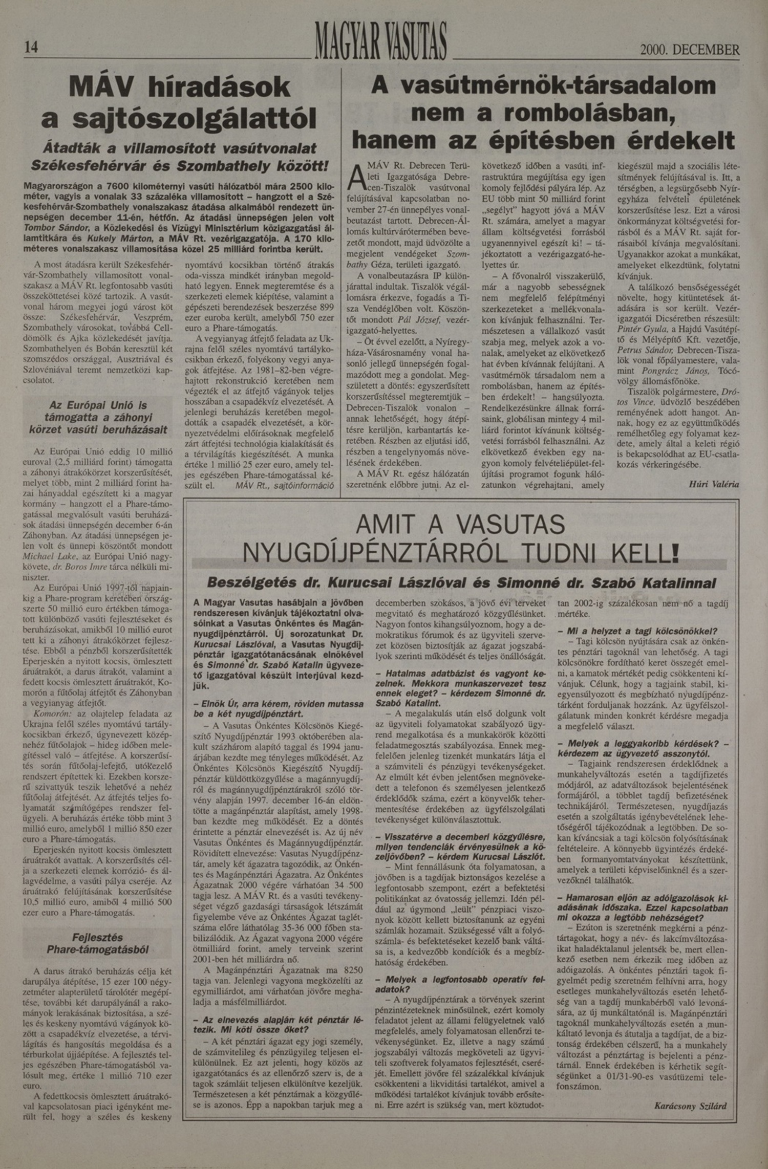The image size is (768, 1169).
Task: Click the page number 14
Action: tap(31, 48)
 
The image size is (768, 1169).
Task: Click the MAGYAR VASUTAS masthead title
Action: tap(381, 41)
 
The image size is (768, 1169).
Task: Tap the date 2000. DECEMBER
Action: tap(689, 50)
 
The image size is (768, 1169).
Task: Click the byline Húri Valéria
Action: tap(714, 484)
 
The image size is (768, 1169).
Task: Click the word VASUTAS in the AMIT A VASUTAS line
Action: tap(509, 525)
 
